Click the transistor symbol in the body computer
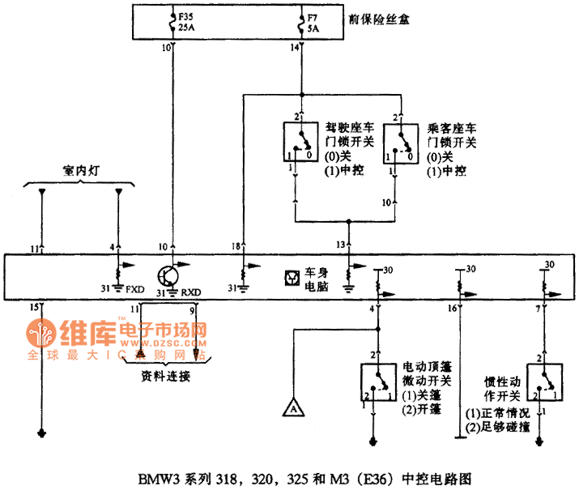[172, 275]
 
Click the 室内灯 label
[80, 172]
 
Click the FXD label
[135, 286]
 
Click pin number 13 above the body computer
[342, 245]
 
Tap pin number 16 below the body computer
[453, 309]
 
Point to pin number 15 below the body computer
[33, 307]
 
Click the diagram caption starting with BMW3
[288, 478]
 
